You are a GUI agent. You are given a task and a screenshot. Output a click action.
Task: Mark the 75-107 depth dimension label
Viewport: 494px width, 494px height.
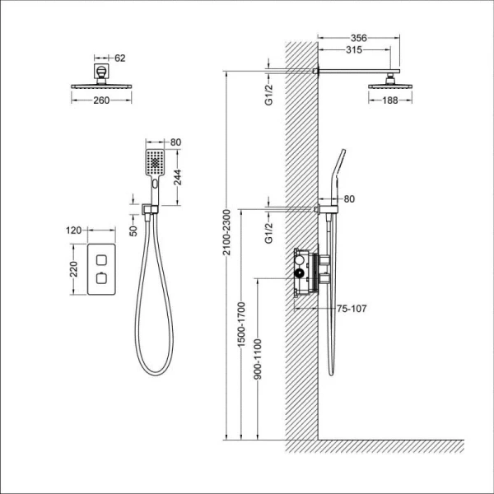352,310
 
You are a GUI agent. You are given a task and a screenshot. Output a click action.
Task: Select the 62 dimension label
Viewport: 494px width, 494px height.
120,58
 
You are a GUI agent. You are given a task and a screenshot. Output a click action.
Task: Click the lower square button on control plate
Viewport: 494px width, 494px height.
100,280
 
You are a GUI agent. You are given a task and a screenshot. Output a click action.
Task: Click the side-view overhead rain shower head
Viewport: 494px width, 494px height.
387,83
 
